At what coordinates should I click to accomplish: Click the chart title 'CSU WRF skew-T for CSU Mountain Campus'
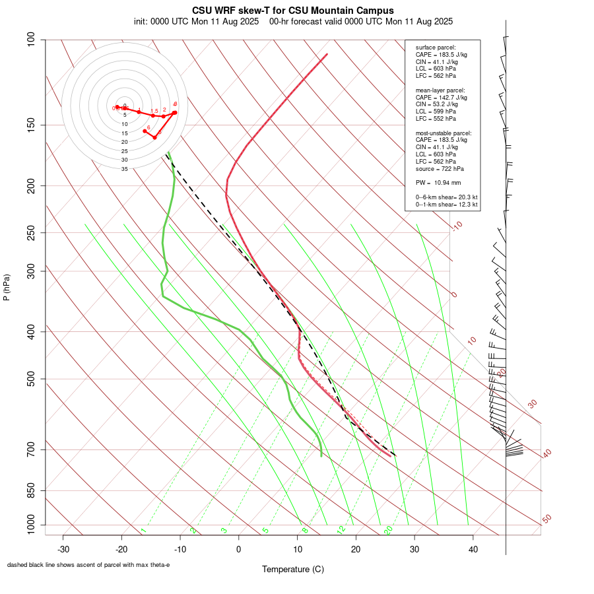[293, 11]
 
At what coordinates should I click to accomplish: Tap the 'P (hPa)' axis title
[7, 287]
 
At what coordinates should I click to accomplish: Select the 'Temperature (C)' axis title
[293, 569]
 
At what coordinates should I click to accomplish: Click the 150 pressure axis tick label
[31, 125]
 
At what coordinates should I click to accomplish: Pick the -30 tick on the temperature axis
[63, 548]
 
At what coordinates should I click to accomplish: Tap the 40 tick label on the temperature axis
[473, 548]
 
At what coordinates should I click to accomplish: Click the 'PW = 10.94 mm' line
[438, 182]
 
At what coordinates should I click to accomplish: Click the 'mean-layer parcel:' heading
[440, 90]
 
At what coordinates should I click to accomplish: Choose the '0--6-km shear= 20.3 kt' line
[447, 197]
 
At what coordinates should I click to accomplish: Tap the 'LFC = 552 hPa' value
[436, 119]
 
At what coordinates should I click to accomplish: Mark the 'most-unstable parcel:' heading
[444, 133]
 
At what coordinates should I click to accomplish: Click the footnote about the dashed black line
[88, 565]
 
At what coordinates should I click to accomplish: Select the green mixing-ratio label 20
[388, 530]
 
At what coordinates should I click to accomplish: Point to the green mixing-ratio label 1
[143, 530]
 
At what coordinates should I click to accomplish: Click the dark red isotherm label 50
[546, 519]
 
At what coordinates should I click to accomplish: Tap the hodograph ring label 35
[124, 169]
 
